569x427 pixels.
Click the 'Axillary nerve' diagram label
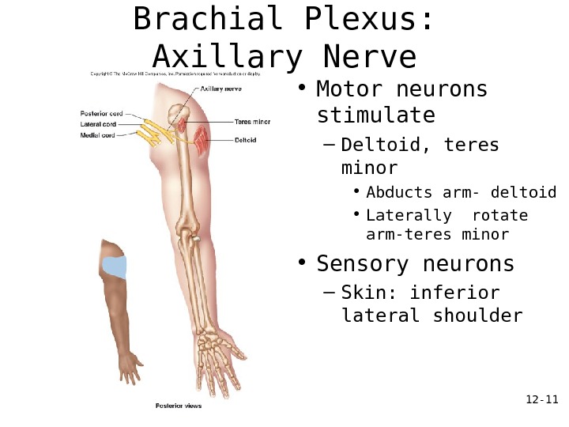coord(220,89)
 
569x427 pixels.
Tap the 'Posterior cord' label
coord(102,112)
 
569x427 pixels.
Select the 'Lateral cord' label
coord(99,123)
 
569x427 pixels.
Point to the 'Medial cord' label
coord(98,135)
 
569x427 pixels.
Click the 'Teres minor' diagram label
coord(252,122)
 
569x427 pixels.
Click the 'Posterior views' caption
coord(178,406)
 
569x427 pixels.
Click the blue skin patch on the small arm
coord(115,267)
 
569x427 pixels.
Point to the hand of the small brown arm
coord(129,366)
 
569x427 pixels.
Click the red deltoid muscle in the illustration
coord(203,139)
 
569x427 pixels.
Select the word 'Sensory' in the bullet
coord(363,263)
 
